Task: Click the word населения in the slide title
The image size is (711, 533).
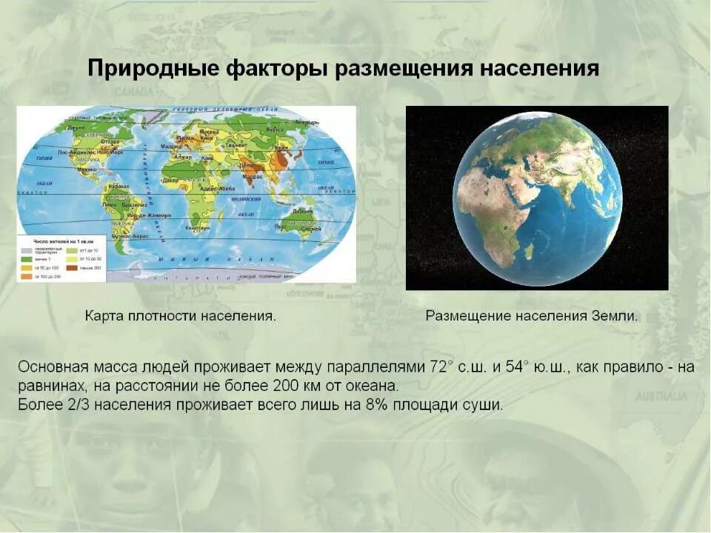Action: [540, 69]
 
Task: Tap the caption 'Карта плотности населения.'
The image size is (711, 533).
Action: [181, 316]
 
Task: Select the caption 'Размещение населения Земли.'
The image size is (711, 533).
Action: [531, 316]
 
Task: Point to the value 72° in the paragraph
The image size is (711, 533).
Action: [441, 367]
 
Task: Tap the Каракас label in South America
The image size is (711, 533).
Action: [118, 186]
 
